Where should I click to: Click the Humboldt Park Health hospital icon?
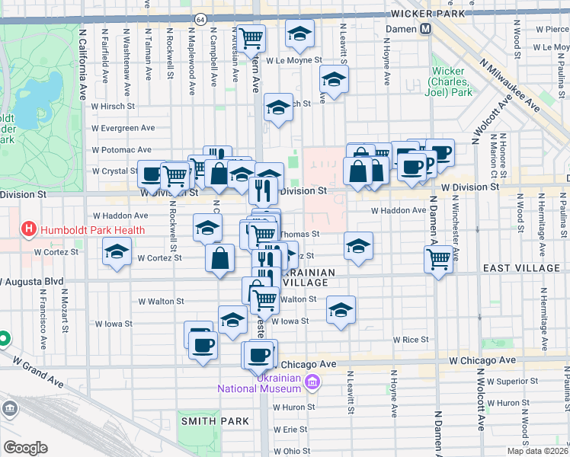(x=29, y=228)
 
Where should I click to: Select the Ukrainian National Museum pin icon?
(x=311, y=381)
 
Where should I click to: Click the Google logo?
(x=24, y=448)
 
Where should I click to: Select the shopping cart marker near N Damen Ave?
(x=438, y=259)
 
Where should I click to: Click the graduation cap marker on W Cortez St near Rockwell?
(x=117, y=252)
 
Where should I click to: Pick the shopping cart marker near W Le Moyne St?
(x=251, y=37)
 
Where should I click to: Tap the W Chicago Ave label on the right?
(x=482, y=360)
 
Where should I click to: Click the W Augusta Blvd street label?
(x=31, y=282)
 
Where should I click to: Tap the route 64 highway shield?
(x=200, y=19)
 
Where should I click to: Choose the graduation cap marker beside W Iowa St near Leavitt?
(x=341, y=310)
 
